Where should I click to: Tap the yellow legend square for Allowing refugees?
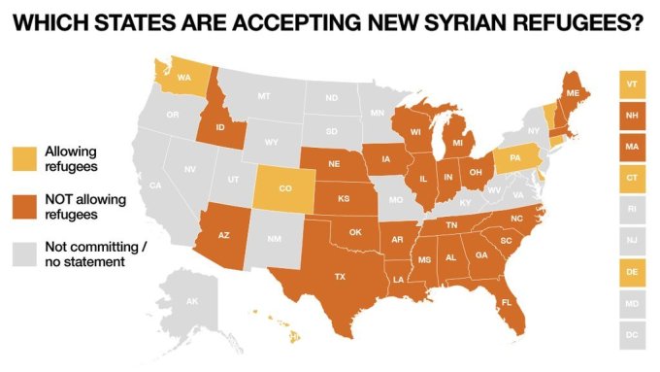pyautogui.click(x=23, y=157)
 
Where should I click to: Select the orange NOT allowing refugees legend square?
pyautogui.click(x=23, y=204)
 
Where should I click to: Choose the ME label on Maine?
pyautogui.click(x=573, y=93)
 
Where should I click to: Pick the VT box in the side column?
pyautogui.click(x=632, y=85)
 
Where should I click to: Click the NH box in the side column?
pyautogui.click(x=632, y=117)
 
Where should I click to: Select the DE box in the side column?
pyautogui.click(x=632, y=275)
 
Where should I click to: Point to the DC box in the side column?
pyautogui.click(x=632, y=337)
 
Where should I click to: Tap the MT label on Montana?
pyautogui.click(x=263, y=96)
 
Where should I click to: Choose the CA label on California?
pyautogui.click(x=155, y=185)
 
